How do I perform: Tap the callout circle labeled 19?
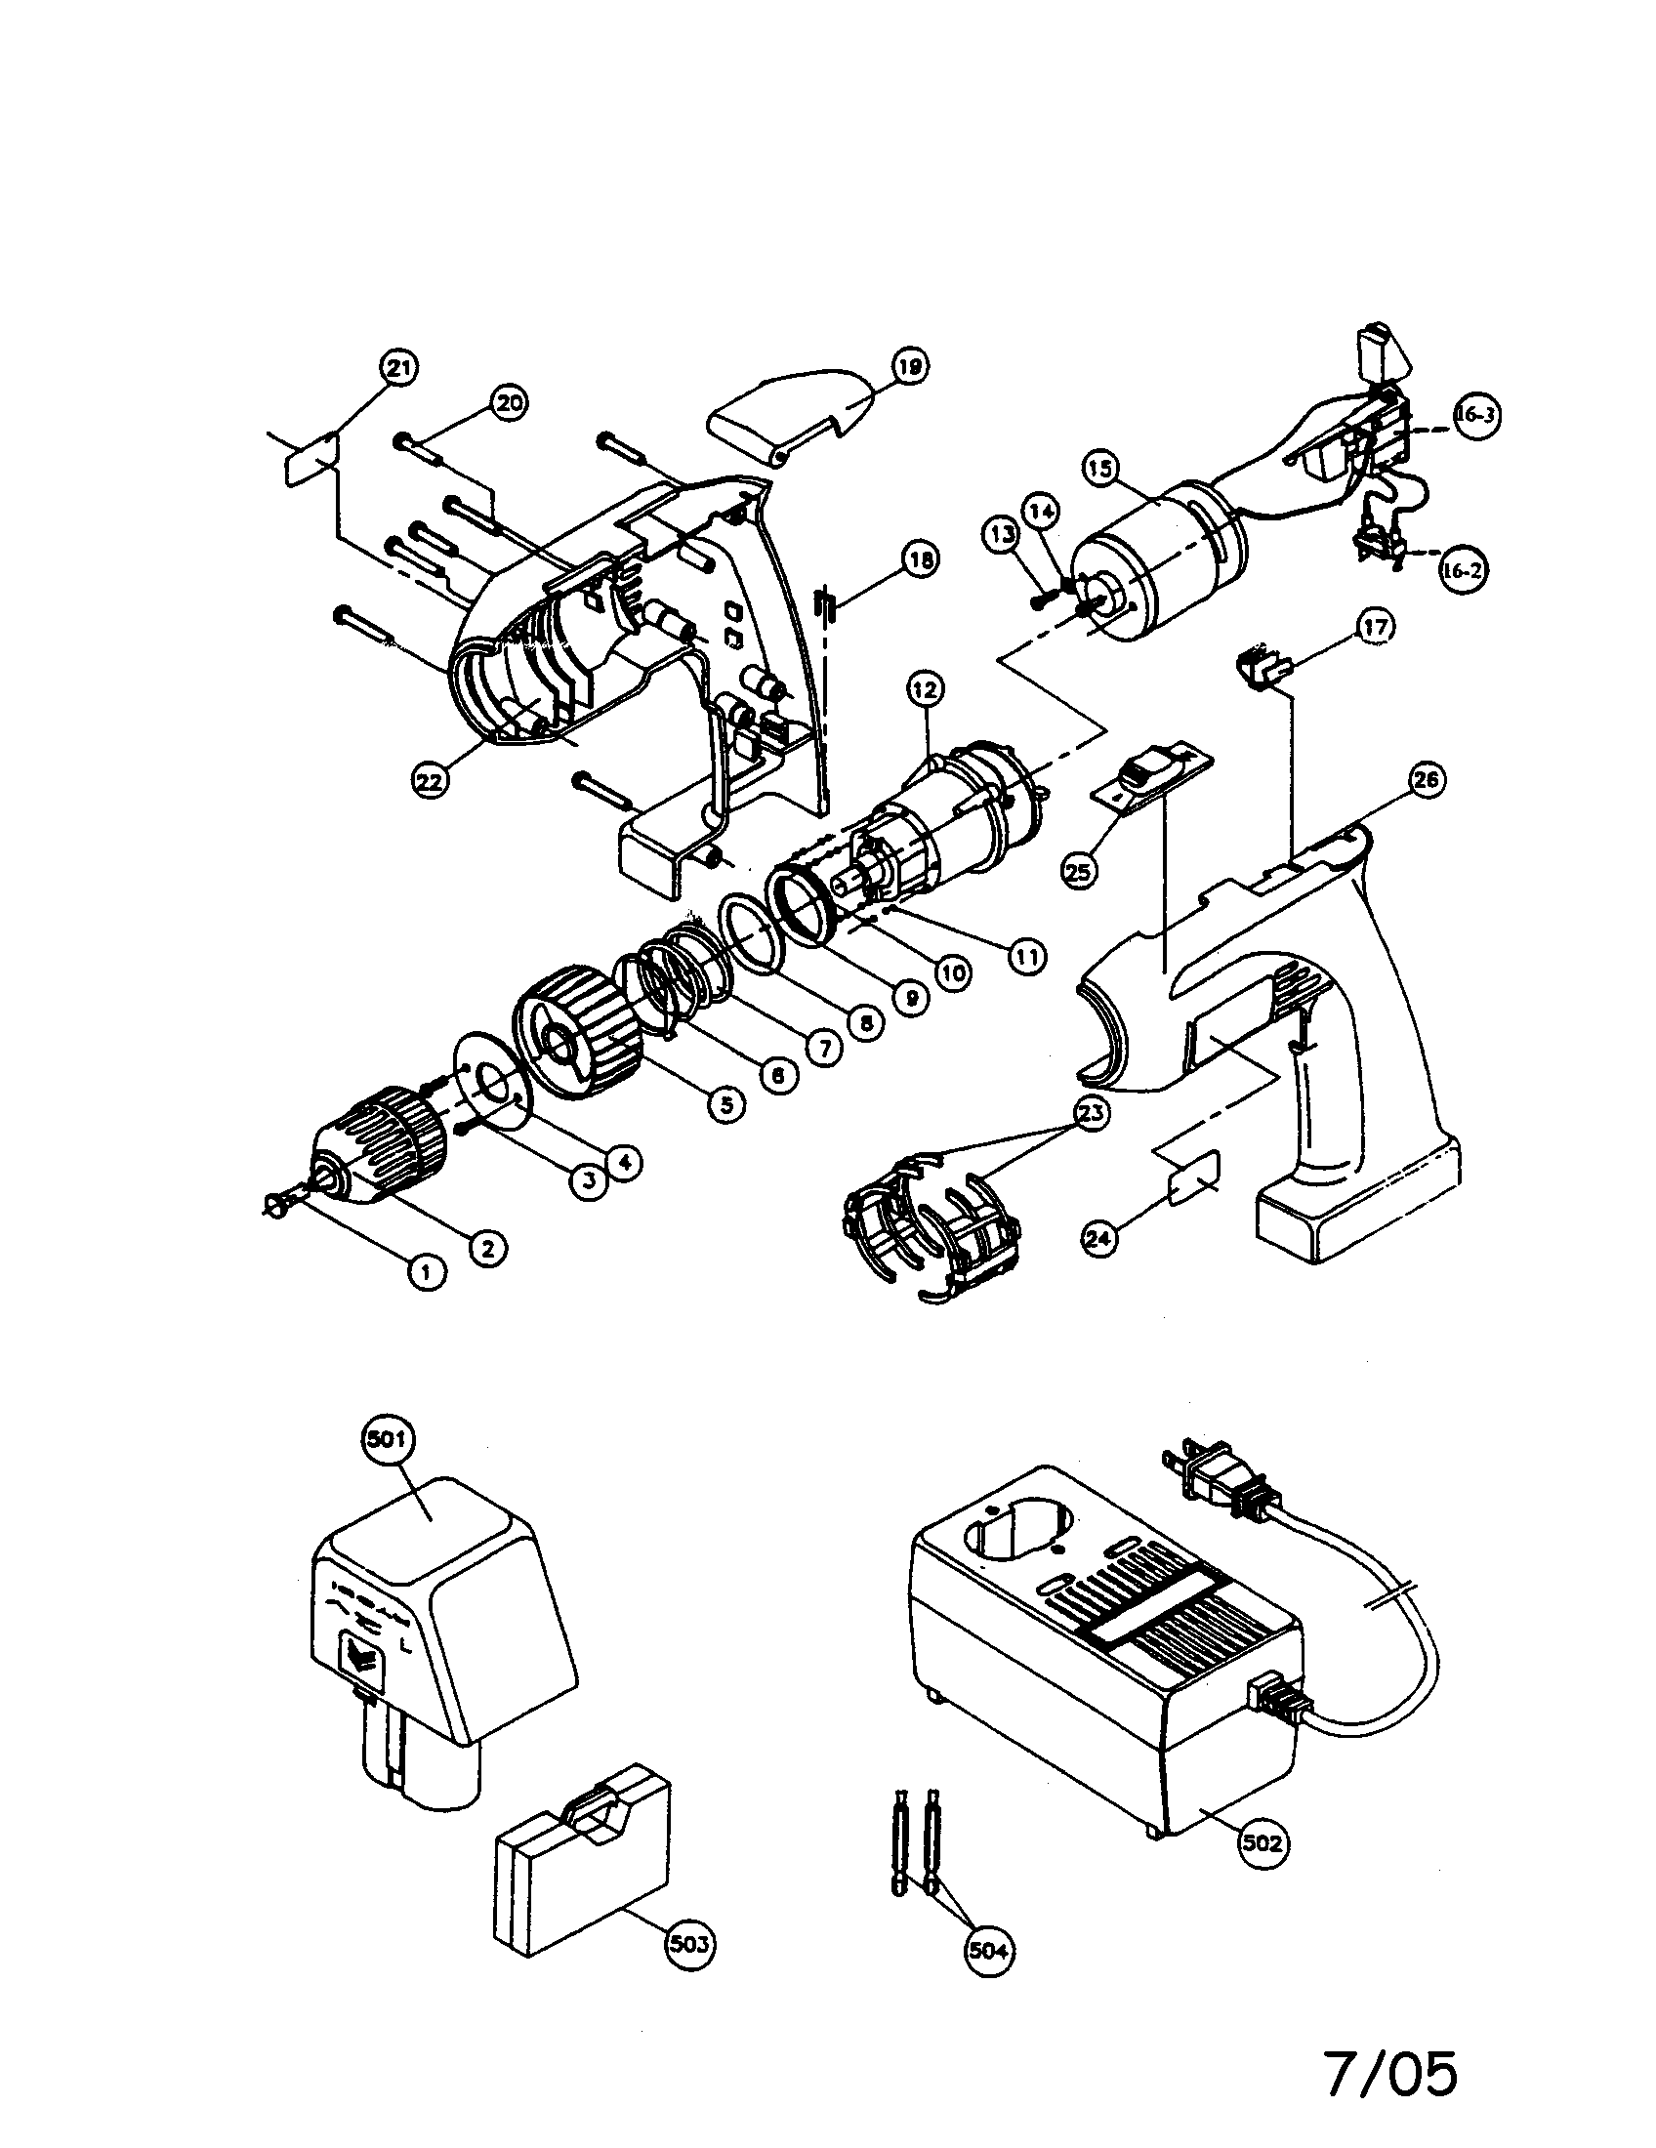click(910, 367)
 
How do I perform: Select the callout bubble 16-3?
click(1474, 415)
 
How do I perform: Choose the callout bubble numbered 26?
click(1426, 780)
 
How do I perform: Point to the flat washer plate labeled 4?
click(492, 1087)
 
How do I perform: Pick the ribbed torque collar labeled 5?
click(580, 1033)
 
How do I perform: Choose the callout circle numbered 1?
click(426, 1272)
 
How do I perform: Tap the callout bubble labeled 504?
click(987, 1951)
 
